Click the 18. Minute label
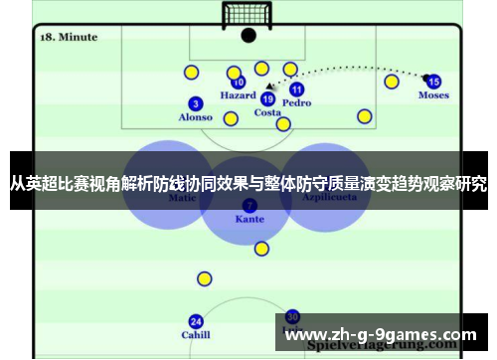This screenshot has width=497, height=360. pos(68,37)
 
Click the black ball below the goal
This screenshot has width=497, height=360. pos(248,36)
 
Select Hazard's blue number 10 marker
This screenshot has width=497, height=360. pos(239,83)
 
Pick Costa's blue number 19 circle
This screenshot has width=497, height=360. pos(267,98)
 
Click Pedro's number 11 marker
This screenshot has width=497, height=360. pos(296,90)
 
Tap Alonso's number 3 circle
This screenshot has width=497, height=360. pos(196,103)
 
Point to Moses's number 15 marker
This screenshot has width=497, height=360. pos(433,82)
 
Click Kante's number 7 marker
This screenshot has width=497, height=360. pos(248,204)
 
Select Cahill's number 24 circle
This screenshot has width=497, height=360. pos(196,321)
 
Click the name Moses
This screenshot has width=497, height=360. pos(433,95)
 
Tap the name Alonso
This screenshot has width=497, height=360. pos(196,117)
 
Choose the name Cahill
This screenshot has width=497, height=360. pos(196,335)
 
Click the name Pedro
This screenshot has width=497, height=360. pos(296,103)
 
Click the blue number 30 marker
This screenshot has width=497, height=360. pos(292,315)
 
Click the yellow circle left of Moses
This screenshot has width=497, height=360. pos(392,82)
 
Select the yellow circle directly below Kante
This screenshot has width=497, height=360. pos(261,249)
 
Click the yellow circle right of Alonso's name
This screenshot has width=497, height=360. pos(231,119)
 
